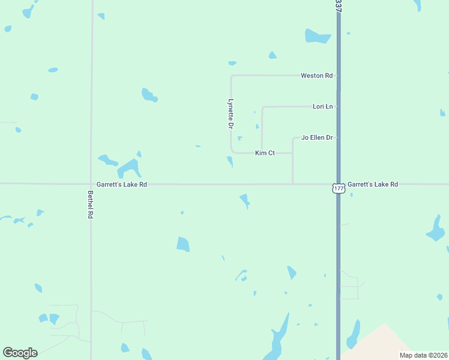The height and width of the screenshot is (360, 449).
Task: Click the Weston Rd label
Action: point(316,76)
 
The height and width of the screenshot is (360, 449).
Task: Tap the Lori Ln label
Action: point(322,106)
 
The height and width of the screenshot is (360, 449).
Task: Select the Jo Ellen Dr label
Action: point(316,137)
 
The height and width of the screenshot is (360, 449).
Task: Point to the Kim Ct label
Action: point(265,153)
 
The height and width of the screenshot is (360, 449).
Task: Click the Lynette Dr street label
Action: point(231,113)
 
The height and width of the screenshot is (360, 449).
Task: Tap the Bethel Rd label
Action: point(91,204)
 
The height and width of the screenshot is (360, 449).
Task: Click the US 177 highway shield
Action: point(339,188)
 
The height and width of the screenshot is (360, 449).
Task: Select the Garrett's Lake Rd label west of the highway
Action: point(122,185)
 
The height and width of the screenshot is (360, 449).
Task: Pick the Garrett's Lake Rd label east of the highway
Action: point(372,184)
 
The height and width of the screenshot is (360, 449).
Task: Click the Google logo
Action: point(20,353)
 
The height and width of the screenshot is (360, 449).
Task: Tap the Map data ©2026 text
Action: point(423,355)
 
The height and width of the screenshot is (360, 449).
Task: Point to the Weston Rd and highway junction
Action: point(339,76)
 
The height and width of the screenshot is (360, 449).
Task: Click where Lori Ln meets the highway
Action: point(339,106)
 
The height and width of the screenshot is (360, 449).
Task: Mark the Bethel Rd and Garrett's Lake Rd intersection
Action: point(91,184)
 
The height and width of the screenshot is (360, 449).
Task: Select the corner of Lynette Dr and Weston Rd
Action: point(232,76)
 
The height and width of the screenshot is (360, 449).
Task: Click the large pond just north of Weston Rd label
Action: point(317,36)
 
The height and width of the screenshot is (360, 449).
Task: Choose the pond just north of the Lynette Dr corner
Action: point(232,63)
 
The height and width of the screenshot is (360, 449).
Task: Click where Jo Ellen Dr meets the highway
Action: point(339,137)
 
